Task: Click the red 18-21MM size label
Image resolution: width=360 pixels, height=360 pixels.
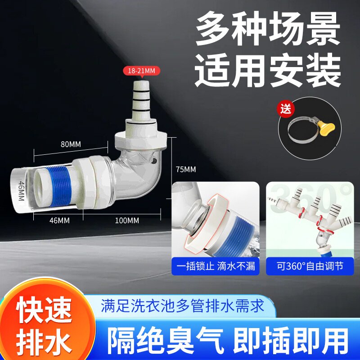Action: [x=142, y=70]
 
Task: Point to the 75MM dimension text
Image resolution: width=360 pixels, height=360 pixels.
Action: [x=185, y=170]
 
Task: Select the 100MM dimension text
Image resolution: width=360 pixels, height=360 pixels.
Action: [x=127, y=220]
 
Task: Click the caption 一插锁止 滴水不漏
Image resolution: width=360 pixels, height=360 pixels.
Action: [x=216, y=266]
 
